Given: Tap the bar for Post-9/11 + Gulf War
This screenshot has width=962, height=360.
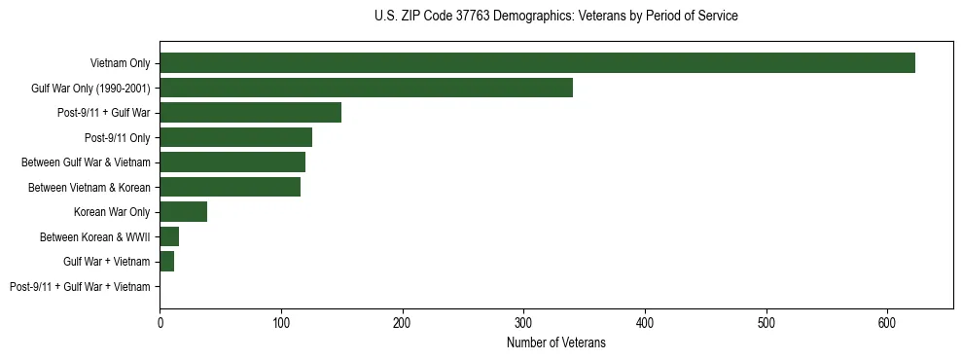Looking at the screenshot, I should click(250, 113).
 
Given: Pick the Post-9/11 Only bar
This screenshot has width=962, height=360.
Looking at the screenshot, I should click(235, 137).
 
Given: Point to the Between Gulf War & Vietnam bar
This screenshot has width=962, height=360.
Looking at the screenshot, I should click(232, 162).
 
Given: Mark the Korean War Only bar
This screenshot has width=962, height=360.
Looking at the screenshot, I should click(183, 212).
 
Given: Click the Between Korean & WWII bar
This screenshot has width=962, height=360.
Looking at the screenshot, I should click(169, 236).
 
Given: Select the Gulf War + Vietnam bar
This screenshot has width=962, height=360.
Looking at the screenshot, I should click(166, 262).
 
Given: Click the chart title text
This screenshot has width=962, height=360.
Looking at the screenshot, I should click(555, 17).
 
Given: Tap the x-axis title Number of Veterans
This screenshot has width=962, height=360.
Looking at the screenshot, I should click(555, 342).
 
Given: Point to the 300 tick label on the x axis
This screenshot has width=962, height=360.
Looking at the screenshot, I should click(523, 319).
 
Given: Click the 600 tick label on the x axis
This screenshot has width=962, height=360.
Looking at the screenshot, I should click(887, 319).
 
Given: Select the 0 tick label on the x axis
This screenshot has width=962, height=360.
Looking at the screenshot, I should click(160, 319).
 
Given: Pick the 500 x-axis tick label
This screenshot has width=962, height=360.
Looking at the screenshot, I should click(766, 319).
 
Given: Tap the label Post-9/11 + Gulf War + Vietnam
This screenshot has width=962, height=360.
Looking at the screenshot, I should click(80, 286).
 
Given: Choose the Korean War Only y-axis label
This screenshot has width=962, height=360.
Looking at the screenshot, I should click(112, 212).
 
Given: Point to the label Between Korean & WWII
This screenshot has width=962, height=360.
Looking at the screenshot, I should click(95, 236).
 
